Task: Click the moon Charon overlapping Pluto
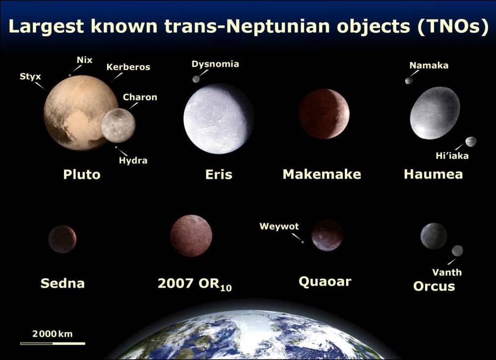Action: [x=118, y=126]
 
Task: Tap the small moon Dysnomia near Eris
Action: [x=196, y=79]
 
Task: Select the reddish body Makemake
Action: [x=324, y=114]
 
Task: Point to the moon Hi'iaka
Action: [x=471, y=142]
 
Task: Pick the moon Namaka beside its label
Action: [x=409, y=81]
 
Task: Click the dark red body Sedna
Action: [x=62, y=239]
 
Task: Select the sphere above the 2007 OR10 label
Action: [x=191, y=236]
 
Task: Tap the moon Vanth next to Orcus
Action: [x=457, y=250]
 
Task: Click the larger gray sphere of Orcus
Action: [x=434, y=236]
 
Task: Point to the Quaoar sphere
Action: [x=327, y=235]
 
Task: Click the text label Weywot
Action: [x=279, y=227]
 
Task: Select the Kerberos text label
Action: [x=128, y=67]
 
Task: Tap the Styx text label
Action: [x=30, y=76]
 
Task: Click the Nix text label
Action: [x=84, y=60]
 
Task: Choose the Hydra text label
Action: [x=133, y=161]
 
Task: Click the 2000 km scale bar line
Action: [x=53, y=343]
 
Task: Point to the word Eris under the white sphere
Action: [x=219, y=175]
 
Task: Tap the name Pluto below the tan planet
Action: [x=82, y=175]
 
